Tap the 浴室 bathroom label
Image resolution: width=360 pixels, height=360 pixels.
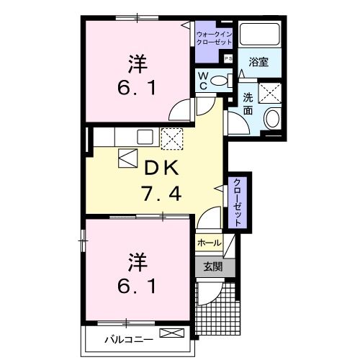(x=259, y=62)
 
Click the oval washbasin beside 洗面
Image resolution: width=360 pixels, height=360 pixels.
(x=272, y=119)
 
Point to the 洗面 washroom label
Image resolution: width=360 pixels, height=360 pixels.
(x=248, y=104)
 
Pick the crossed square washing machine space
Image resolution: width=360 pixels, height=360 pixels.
(x=271, y=94)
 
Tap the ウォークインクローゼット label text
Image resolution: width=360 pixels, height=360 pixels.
(x=215, y=38)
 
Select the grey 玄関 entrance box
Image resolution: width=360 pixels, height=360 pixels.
(x=212, y=266)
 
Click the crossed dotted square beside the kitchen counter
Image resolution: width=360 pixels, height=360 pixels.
(x=173, y=136)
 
